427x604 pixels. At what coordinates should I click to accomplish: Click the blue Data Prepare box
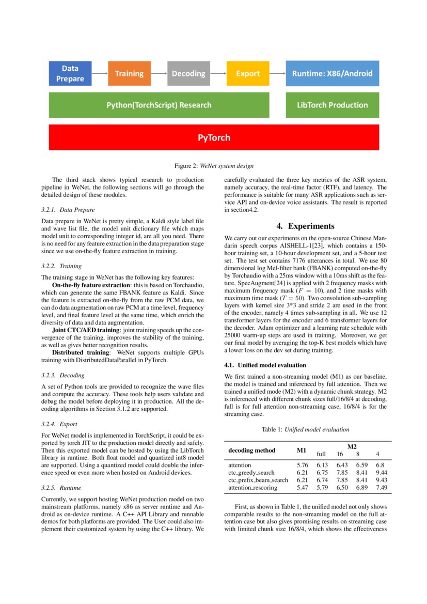point(70,73)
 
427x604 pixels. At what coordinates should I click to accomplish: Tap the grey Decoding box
point(188,73)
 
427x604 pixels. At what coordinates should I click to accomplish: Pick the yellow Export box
point(248,73)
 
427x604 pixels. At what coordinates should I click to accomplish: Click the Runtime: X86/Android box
point(332,73)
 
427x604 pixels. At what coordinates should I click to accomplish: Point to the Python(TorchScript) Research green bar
point(159,105)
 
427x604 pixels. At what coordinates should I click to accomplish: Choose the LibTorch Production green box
point(332,105)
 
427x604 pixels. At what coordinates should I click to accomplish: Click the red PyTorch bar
point(214,137)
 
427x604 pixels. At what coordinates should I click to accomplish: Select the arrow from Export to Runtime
point(277,73)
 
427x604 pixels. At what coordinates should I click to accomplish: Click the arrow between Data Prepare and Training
point(100,73)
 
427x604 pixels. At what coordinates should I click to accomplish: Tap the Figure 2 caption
point(213,166)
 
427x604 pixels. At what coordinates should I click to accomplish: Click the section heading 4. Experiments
point(305,226)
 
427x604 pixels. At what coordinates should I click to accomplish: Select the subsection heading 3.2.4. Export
point(59,424)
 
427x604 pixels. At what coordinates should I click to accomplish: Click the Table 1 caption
point(305,429)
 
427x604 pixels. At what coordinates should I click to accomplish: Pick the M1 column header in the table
point(302,450)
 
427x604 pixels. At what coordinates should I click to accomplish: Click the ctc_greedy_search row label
point(251,472)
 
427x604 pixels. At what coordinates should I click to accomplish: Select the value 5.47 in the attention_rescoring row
point(302,487)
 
